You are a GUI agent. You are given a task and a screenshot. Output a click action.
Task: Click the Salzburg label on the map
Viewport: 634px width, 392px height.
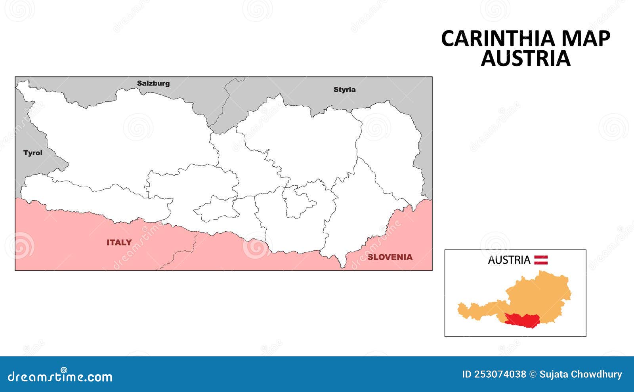153,83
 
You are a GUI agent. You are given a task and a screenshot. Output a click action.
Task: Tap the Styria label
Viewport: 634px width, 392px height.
344,89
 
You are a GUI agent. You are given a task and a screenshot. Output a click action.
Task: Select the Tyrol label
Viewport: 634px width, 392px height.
33,153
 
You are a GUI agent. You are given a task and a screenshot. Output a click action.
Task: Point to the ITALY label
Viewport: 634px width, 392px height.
119,242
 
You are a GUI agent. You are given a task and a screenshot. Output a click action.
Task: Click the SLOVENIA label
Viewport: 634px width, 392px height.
390,257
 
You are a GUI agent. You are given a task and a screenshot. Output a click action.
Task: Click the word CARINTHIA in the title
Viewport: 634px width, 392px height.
498,39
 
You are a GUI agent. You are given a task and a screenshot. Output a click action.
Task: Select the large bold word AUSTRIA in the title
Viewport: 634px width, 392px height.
525,58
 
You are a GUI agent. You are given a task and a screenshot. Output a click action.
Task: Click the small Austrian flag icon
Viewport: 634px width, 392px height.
541,260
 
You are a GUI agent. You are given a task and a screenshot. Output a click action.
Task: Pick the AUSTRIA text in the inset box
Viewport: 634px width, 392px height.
509,260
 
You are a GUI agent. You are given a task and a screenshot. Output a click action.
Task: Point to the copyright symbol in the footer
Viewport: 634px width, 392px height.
533,374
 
